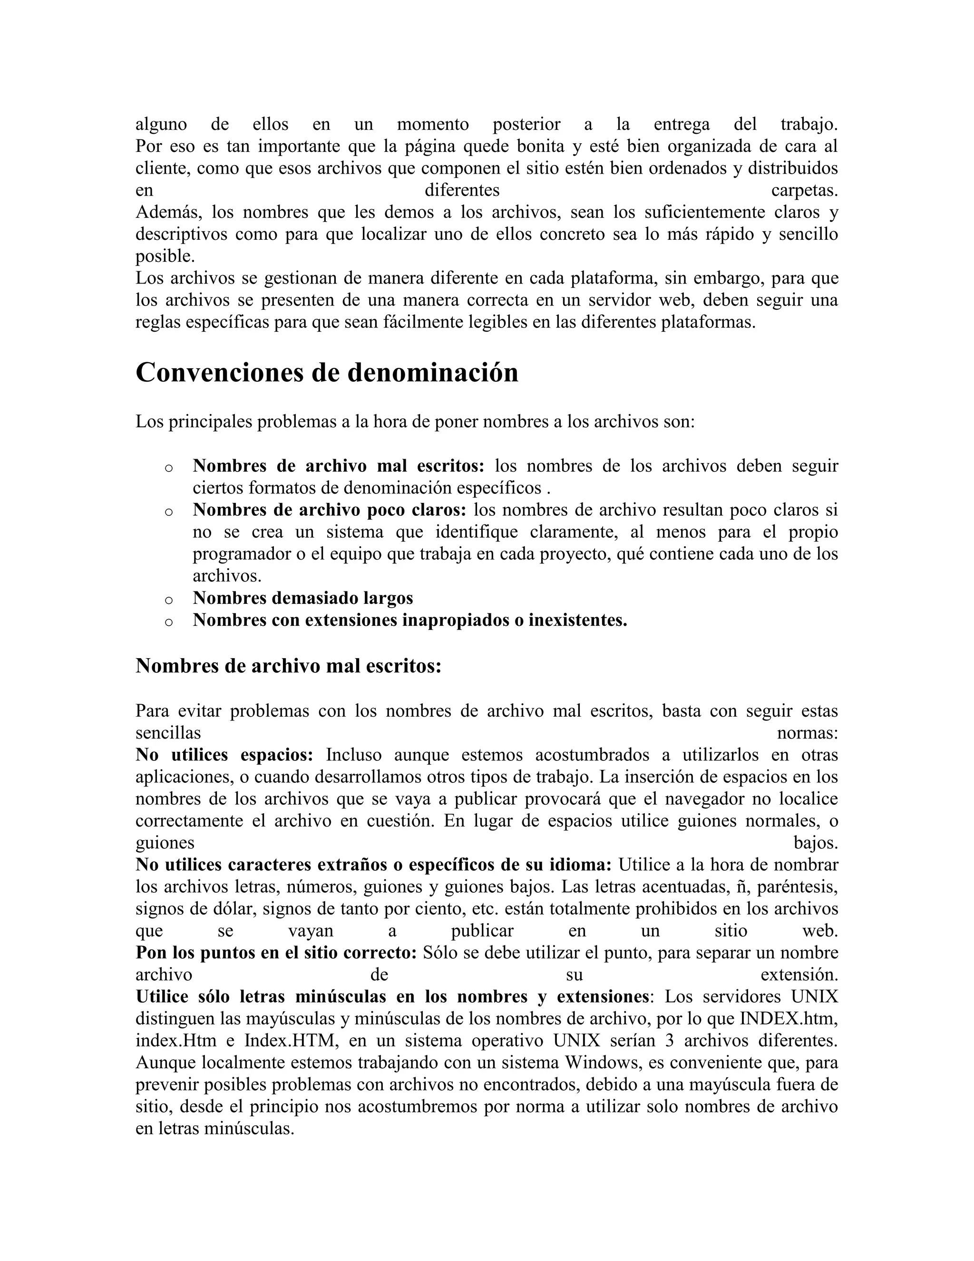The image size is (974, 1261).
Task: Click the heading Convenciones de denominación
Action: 327,373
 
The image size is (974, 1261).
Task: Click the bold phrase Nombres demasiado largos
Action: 302,598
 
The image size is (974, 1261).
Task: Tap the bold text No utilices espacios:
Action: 224,755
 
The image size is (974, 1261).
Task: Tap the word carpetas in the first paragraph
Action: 804,190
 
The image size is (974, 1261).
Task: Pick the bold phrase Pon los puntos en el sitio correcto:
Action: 276,953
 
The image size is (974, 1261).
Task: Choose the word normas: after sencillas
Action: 807,733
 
